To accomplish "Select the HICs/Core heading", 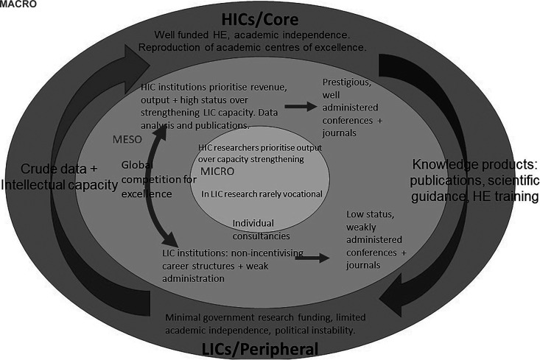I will point(270,17).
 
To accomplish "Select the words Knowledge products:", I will point(469,164).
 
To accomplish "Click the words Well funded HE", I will point(193,35).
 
